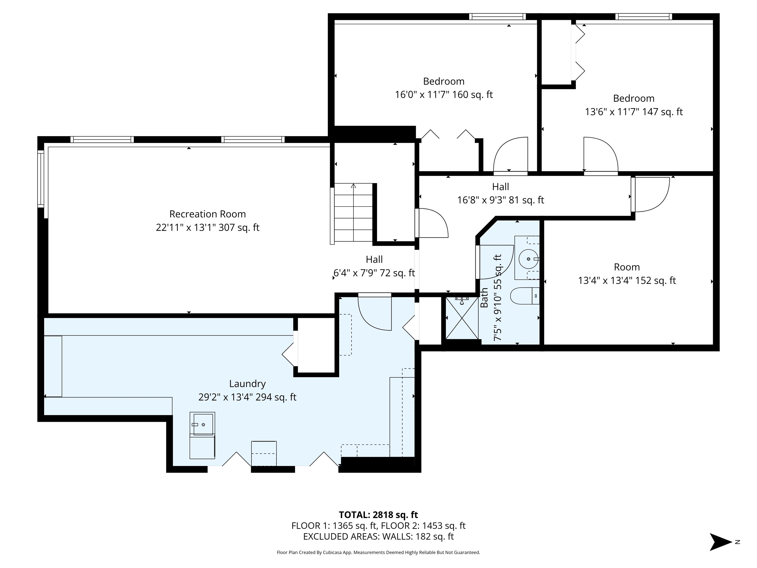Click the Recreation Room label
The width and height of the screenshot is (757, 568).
(207, 214)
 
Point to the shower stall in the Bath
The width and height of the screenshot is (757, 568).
(462, 318)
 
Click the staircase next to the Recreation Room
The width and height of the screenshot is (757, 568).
(353, 212)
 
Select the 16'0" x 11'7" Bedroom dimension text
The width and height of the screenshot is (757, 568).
(444, 94)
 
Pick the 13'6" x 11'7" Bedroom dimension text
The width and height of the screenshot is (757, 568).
(634, 112)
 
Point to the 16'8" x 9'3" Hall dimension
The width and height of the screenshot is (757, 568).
(501, 200)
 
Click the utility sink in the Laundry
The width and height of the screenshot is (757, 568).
(203, 425)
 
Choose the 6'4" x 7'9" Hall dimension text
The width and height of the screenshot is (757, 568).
(374, 273)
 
